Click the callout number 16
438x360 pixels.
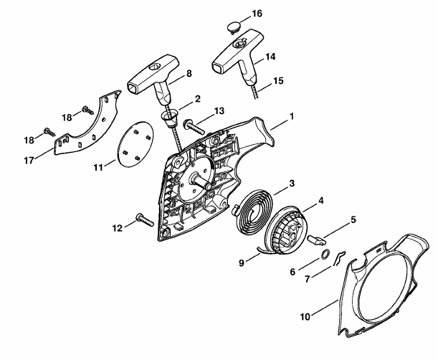point(257,14)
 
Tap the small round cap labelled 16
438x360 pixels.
point(234,27)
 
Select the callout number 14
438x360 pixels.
point(270,57)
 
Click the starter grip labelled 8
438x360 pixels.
point(153,77)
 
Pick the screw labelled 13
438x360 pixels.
point(194,127)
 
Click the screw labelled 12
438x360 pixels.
point(145,219)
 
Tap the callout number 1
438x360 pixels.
point(292,116)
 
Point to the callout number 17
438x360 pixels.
point(29,161)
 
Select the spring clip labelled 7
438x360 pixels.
point(338,258)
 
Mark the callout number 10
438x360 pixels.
point(305,317)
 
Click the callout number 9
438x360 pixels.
point(242,262)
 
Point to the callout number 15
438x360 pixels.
point(278,81)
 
